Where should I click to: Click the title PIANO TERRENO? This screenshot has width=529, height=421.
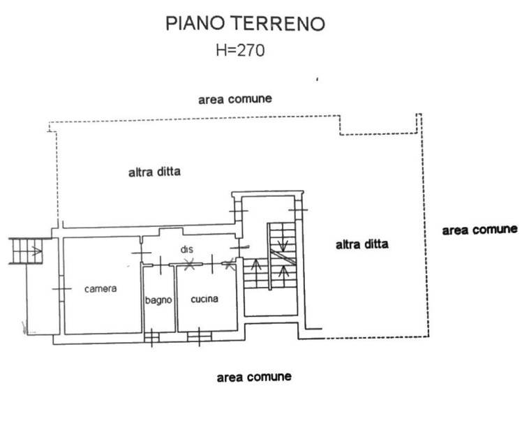[x=245, y=24]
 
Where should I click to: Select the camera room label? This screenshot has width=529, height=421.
[x=100, y=288]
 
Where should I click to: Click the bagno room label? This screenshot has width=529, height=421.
[x=158, y=300]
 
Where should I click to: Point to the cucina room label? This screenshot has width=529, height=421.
[x=204, y=299]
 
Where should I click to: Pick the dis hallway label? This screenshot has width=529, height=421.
[x=186, y=249]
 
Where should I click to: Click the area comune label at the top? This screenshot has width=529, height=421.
[x=234, y=99]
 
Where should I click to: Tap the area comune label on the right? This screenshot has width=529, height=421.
[x=479, y=229]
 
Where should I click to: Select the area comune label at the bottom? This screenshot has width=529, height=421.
[x=254, y=376]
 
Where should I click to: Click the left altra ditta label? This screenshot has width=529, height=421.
[x=154, y=171]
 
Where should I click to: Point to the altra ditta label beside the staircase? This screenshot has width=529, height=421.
[x=362, y=244]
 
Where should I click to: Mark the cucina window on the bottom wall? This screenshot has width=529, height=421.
[x=199, y=338]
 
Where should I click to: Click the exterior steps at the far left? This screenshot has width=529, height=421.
[x=26, y=251]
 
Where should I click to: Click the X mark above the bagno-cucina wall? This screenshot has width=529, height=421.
[x=188, y=264]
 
